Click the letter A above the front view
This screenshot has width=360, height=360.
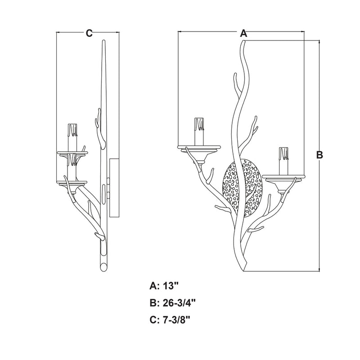click(243, 33)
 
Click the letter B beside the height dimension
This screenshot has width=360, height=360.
click(319, 155)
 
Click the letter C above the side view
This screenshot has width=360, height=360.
click(89, 33)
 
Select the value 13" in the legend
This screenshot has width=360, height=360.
click(171, 286)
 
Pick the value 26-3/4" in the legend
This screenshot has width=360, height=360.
click(179, 303)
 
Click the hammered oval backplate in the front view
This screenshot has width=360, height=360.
click(243, 187)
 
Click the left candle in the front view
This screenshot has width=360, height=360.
click(199, 131)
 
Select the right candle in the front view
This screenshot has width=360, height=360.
click(284, 161)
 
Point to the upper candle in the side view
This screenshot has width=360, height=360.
click(72, 138)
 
